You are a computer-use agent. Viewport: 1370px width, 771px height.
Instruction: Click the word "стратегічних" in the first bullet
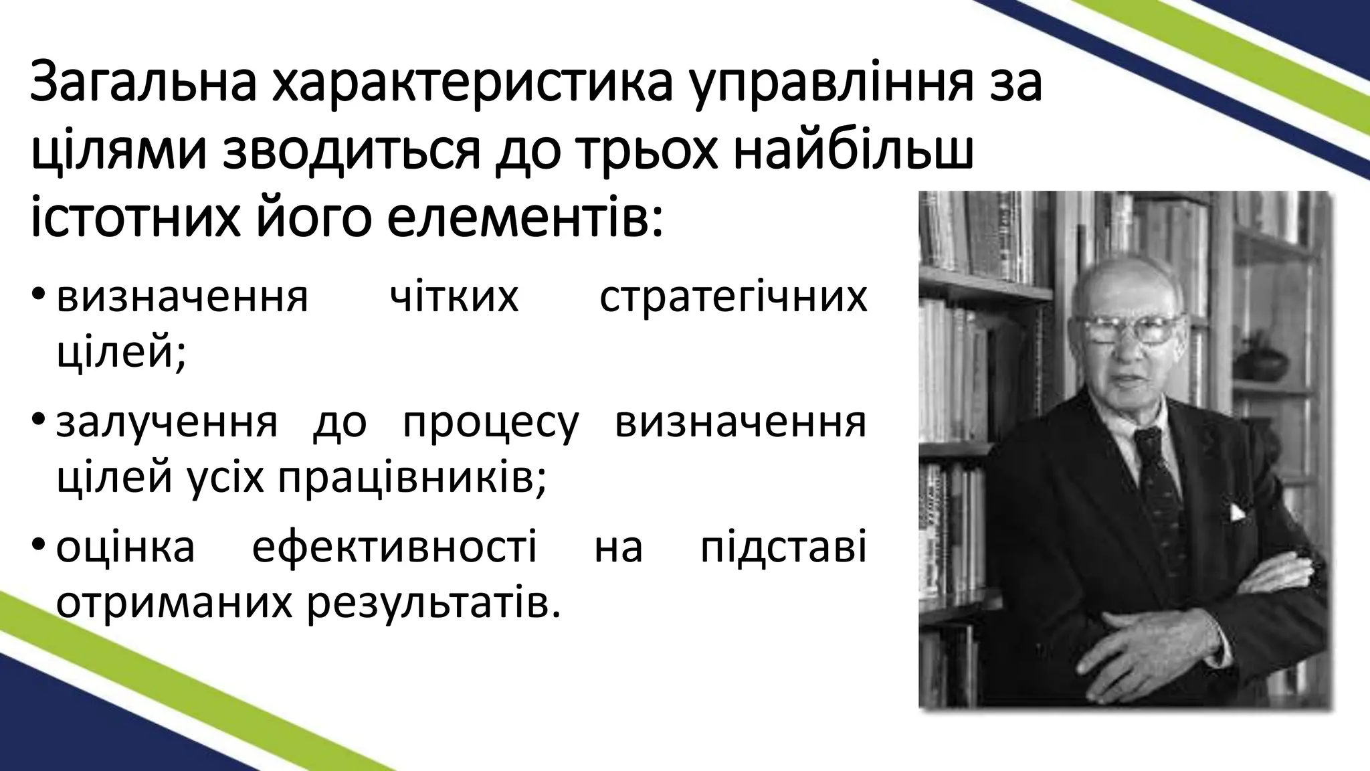point(733,297)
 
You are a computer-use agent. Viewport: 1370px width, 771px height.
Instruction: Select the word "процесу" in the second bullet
point(490,424)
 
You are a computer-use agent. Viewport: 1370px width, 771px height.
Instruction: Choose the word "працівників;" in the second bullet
point(409,478)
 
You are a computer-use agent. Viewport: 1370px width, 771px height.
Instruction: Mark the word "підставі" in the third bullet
point(783,547)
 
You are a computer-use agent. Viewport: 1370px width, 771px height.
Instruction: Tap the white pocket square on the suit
point(1238,513)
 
